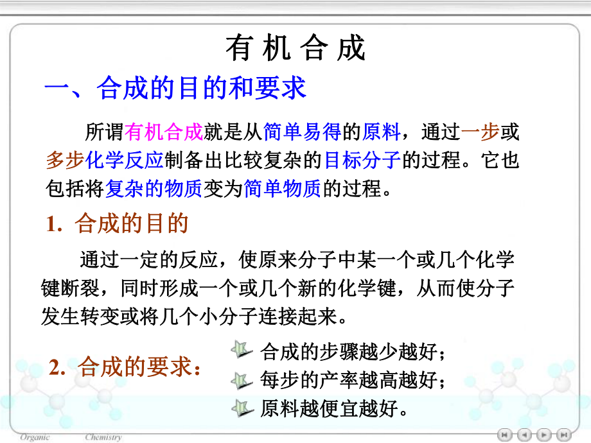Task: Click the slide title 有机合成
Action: [295, 49]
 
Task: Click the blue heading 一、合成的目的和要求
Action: [175, 89]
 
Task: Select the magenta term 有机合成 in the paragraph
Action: [164, 133]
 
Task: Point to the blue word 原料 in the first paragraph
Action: [382, 133]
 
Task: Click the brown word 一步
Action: [480, 133]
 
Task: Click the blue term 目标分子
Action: [362, 161]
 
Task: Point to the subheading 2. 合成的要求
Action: [125, 368]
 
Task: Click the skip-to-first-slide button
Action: [506, 434]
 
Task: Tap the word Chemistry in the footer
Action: [103, 437]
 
